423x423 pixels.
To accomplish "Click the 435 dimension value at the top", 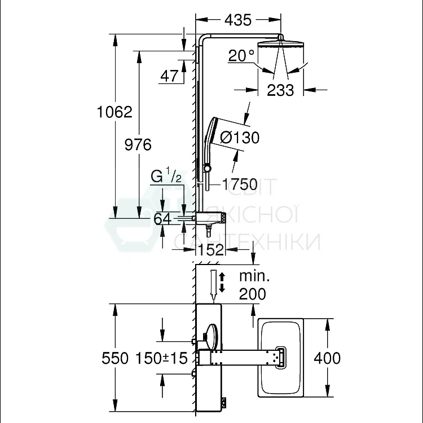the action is (x=238, y=20).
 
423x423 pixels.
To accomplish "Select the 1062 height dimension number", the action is (x=114, y=112).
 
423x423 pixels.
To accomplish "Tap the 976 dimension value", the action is (x=138, y=144).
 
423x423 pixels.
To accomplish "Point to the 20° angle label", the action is (x=241, y=56).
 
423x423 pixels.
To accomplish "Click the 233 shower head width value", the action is (x=280, y=90).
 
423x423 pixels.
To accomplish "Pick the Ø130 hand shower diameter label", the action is (x=240, y=137).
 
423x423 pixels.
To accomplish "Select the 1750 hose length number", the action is (x=240, y=184).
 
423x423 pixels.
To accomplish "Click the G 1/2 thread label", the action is (x=166, y=177).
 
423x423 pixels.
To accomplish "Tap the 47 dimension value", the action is (x=169, y=76).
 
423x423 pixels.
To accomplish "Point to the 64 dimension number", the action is (x=162, y=219).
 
